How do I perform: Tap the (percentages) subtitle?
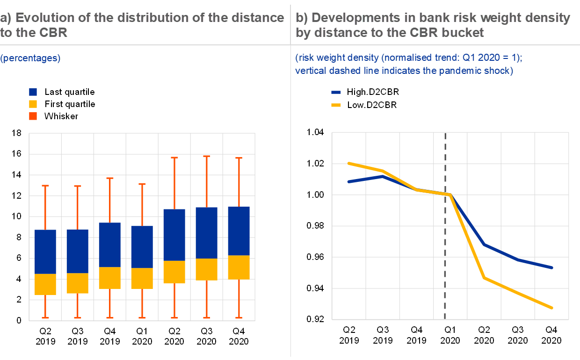pos(30,59)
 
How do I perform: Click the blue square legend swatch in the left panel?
pos(33,92)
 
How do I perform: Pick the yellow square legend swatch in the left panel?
pos(33,104)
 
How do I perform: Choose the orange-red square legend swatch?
pos(33,116)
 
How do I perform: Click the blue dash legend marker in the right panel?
pos(336,93)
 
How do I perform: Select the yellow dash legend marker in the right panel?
pos(336,105)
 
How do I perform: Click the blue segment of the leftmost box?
pos(45,252)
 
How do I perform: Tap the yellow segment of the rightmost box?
pos(239,267)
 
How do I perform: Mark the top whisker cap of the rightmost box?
pos(239,158)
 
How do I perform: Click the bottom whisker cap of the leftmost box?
pos(45,318)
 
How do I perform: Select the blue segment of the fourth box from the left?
pos(142,247)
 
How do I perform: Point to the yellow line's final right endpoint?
pos(552,308)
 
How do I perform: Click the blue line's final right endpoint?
pos(552,267)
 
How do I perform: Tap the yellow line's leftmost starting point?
pos(349,163)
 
